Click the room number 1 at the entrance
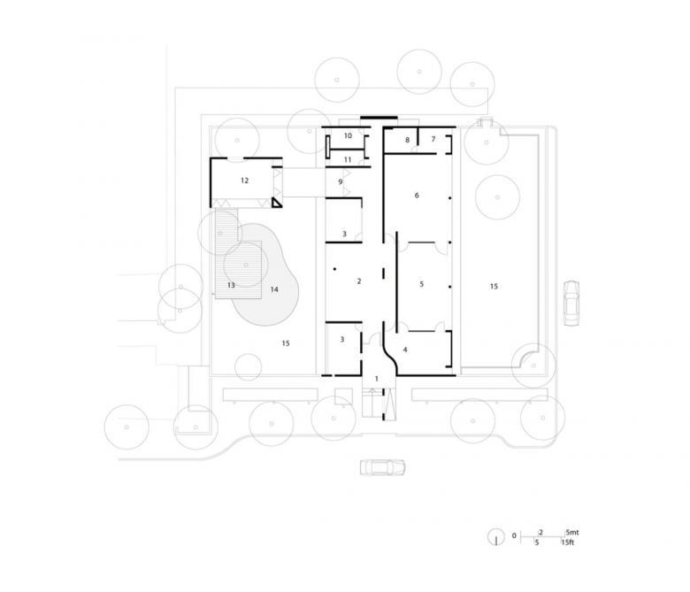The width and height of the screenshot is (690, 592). [376, 379]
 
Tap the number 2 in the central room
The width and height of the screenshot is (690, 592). [359, 281]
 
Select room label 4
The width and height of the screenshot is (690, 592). [405, 350]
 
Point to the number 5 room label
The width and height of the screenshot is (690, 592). [422, 284]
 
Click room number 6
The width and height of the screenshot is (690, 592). [417, 196]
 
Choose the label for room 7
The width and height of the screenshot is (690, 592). [433, 139]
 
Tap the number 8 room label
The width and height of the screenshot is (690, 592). [408, 140]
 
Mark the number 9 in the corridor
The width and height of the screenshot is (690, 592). [341, 181]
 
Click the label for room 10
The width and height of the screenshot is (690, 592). [348, 135]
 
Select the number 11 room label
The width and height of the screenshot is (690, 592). [348, 160]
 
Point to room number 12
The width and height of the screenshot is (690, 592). [245, 181]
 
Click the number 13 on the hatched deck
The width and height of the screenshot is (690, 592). [231, 285]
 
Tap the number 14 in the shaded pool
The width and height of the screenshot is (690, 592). [274, 289]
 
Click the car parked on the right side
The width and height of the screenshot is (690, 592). [571, 303]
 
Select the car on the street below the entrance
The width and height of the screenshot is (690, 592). [382, 467]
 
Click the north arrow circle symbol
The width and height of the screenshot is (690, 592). [496, 536]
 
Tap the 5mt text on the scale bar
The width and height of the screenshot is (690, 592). [572, 532]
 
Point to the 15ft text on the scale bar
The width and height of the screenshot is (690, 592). [568, 542]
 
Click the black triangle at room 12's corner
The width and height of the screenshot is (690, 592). [276, 203]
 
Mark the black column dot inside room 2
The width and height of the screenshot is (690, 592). [334, 269]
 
